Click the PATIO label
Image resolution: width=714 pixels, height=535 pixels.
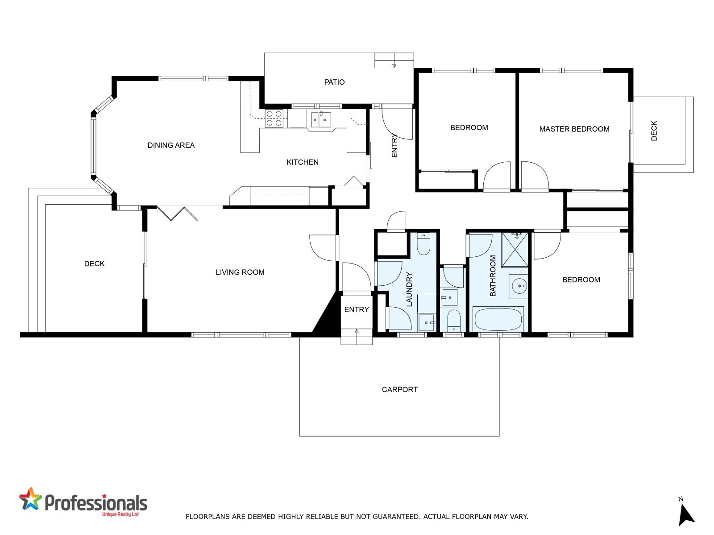pos(334,82)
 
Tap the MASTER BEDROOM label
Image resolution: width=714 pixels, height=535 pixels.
pos(574,129)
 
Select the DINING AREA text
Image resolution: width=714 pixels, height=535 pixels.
pos(171,145)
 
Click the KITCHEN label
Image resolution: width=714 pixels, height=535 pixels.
pos(302,162)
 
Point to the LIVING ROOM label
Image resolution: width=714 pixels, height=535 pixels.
pos(240,272)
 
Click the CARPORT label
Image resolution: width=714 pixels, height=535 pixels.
pos(399,390)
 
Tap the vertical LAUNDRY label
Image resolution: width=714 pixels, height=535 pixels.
pos(409,289)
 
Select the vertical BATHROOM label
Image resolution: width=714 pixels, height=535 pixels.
pos(493,276)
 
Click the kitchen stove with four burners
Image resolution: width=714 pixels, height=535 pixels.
pos(274,118)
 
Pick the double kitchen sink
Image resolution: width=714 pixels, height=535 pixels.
pos(321,119)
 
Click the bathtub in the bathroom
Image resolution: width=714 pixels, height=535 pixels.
pos(498,319)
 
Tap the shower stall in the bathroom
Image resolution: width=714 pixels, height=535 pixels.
pos(514,250)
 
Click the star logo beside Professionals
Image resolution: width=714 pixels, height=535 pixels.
pos(30,500)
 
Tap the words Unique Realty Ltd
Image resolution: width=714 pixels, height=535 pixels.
pos(120,514)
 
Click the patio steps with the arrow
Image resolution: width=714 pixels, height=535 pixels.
pos(394,61)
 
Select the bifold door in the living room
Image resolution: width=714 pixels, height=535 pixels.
pos(177,214)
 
